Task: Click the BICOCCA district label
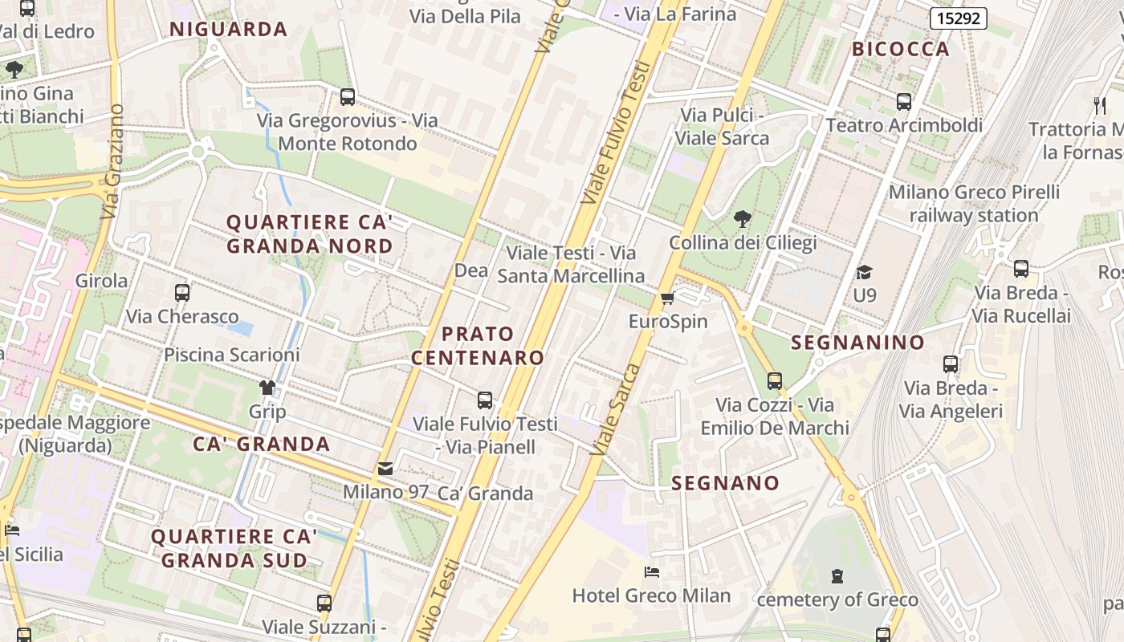click(900, 49)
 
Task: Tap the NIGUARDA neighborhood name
click(228, 30)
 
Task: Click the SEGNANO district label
click(725, 483)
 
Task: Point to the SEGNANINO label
click(857, 343)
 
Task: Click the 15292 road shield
click(958, 18)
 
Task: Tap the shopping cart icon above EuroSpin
click(666, 299)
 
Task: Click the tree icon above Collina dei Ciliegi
click(743, 218)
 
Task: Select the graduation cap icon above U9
click(864, 273)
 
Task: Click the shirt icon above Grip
click(267, 388)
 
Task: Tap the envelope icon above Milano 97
click(385, 469)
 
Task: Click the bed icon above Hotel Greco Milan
click(652, 572)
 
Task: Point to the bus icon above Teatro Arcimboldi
click(904, 102)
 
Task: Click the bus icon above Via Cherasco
click(182, 293)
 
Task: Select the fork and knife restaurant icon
click(1100, 105)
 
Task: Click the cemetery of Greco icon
click(837, 576)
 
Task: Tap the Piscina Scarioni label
click(231, 355)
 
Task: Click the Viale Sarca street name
click(616, 409)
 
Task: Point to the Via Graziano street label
click(112, 161)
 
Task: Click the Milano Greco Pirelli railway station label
click(974, 204)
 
